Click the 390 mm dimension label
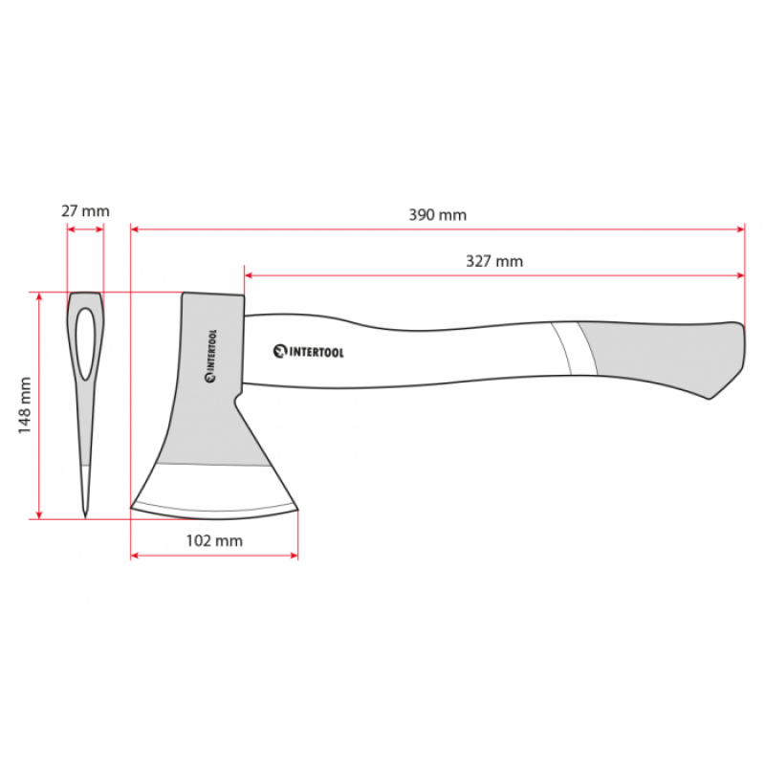click(x=437, y=215)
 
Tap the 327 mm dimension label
click(x=494, y=261)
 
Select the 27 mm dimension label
click(x=85, y=211)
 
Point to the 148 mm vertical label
click(x=25, y=405)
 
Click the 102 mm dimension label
click(x=214, y=540)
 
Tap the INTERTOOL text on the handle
click(x=317, y=352)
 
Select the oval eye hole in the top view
click(x=85, y=344)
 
